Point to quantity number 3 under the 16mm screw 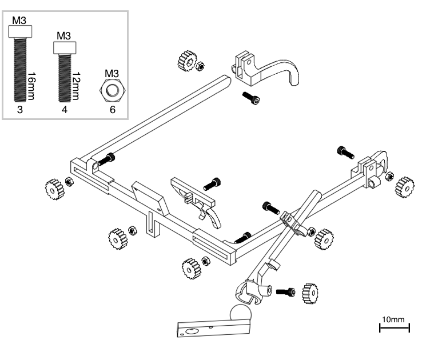19,110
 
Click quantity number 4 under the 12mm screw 64,110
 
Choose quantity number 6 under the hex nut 111,110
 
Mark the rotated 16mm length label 32,84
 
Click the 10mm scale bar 395,327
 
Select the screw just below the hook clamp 250,98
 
